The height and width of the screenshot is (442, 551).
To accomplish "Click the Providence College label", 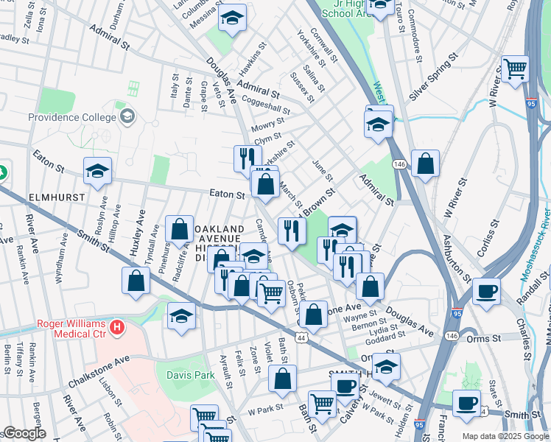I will pos(71,117).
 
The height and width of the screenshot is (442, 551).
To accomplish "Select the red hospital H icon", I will pos(116,326).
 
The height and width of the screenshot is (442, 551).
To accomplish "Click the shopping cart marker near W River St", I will pos(515,69).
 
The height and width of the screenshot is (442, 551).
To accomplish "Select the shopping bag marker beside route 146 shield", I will pos(425,164).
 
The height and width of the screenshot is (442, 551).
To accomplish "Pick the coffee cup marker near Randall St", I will pos(486,290).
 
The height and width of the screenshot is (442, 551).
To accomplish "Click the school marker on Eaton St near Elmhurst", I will pos(97,171).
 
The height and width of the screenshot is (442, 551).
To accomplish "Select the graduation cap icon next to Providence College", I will pos(127,116).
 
